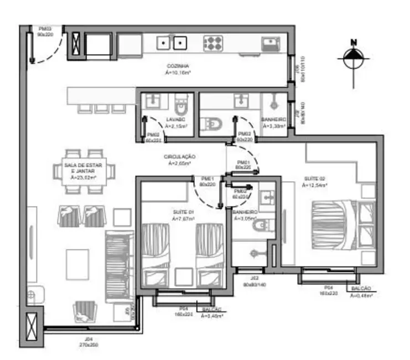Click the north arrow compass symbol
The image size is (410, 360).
[352, 58]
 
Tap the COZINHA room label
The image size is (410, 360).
[178, 65]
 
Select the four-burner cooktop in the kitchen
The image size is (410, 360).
[213, 42]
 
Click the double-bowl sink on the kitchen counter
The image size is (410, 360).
[171, 42]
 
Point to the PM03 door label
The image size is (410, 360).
[45, 29]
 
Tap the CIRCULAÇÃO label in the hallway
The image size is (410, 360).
[178, 157]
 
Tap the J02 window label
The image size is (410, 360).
[253, 277]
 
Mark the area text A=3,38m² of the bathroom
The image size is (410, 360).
[274, 126]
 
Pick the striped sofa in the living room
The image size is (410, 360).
[118, 258]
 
